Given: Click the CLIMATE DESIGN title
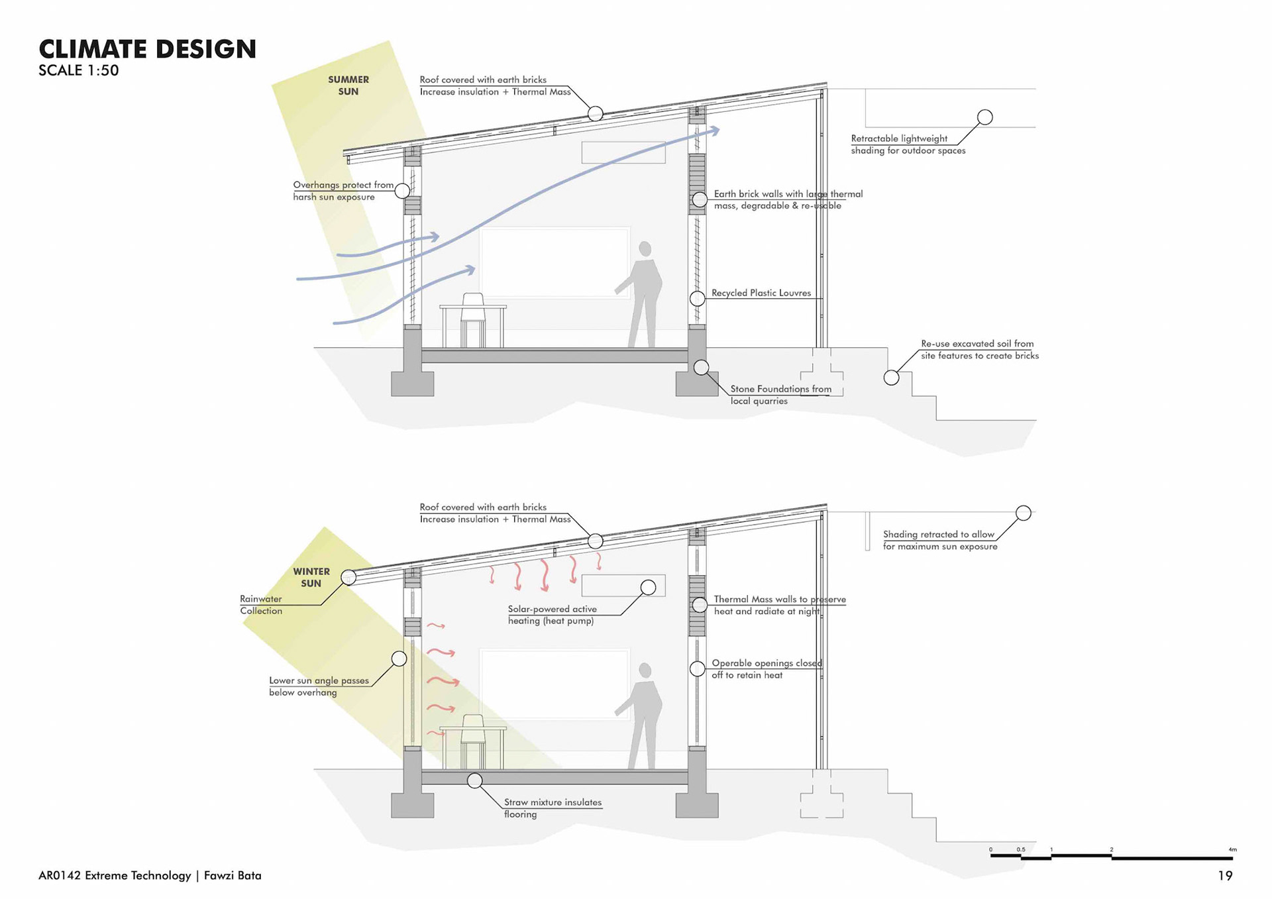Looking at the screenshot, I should click(147, 49).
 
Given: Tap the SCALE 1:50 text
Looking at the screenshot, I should click(79, 71).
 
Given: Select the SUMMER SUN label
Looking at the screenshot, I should click(348, 85).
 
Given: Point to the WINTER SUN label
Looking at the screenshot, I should click(311, 577).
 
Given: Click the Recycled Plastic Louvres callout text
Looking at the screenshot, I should click(761, 293).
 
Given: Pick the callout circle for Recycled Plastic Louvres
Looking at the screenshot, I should click(697, 299).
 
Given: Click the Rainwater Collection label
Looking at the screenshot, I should click(261, 605).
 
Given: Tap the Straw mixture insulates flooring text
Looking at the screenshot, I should click(552, 808).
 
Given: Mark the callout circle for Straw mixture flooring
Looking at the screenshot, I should click(475, 780).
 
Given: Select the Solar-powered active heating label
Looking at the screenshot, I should click(552, 615).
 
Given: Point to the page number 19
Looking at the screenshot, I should click(1225, 876).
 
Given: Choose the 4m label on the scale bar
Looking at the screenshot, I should click(1232, 849).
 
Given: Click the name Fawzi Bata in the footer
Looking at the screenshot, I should click(233, 876).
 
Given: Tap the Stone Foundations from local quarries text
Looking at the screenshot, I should click(780, 395).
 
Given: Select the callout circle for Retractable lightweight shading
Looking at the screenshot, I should click(985, 117).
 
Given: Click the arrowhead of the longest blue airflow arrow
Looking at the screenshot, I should click(715, 131).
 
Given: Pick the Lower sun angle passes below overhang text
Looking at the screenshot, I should click(319, 686).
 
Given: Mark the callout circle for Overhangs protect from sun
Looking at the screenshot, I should click(402, 191).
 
